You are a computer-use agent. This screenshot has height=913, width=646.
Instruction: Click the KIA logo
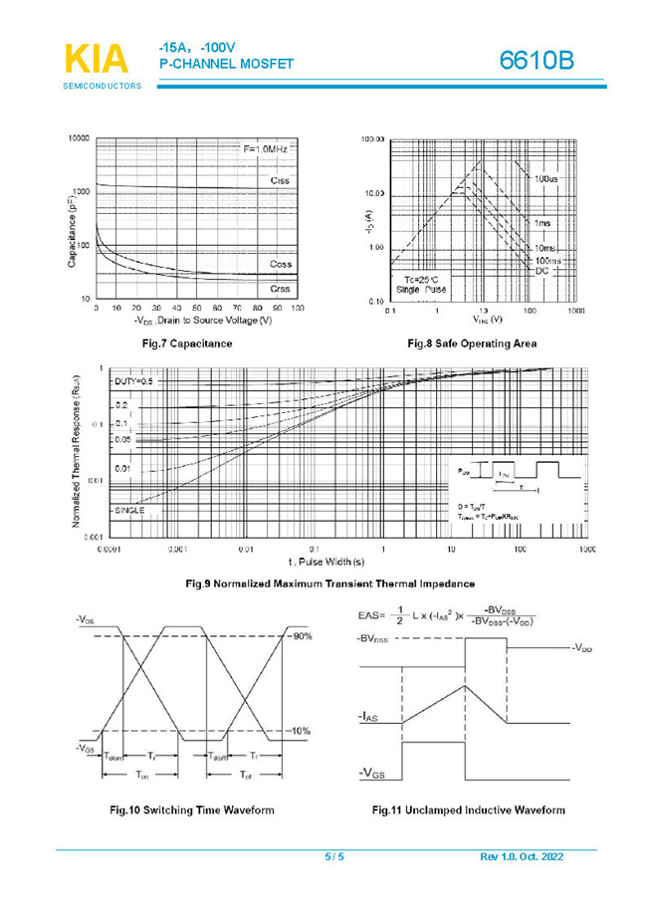click(x=96, y=59)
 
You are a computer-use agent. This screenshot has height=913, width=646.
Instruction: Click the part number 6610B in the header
click(x=537, y=61)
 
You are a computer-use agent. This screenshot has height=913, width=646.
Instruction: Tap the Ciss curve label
click(x=281, y=180)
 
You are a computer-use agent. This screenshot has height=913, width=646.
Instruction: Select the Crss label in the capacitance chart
click(x=281, y=288)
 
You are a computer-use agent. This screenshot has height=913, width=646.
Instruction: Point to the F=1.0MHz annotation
click(x=266, y=148)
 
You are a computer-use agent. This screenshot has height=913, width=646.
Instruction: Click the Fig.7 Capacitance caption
click(x=188, y=343)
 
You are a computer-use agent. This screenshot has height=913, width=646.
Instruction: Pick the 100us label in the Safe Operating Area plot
click(x=546, y=179)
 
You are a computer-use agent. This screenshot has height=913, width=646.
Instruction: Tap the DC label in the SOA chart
click(x=542, y=271)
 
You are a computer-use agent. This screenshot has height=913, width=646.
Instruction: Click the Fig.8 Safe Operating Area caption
click(x=472, y=343)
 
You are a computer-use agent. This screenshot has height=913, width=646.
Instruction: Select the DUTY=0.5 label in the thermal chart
click(x=133, y=381)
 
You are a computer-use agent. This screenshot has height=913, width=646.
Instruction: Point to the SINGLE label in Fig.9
click(x=130, y=510)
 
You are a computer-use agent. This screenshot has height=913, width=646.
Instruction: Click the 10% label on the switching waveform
click(x=300, y=731)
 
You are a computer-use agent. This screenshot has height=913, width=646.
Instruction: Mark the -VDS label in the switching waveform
click(x=87, y=619)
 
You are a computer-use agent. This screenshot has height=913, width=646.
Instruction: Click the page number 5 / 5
click(x=333, y=857)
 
